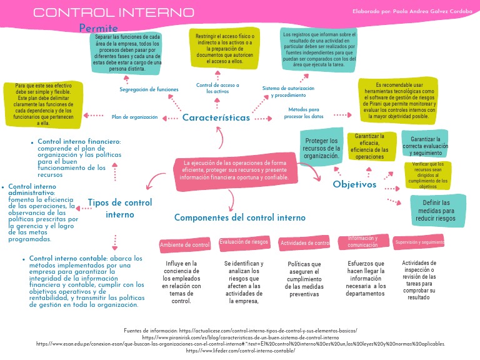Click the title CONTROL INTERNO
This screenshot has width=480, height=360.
tap(113, 12)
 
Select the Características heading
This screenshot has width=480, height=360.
tap(216, 117)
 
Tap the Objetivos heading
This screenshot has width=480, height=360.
tap(354, 184)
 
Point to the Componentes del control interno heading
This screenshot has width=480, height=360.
tap(240, 217)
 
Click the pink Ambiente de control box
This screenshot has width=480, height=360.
tap(184, 245)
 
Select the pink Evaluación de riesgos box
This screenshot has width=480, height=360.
tap(244, 242)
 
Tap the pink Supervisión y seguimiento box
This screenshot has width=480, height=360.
tap(419, 242)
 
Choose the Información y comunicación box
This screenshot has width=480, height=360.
tap(363, 242)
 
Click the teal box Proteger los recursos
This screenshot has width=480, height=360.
tap(322, 149)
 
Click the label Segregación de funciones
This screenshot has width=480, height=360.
tap(149, 90)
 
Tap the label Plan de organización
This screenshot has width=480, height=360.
tap(135, 117)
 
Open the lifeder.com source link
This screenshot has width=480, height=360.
tap(240, 351)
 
